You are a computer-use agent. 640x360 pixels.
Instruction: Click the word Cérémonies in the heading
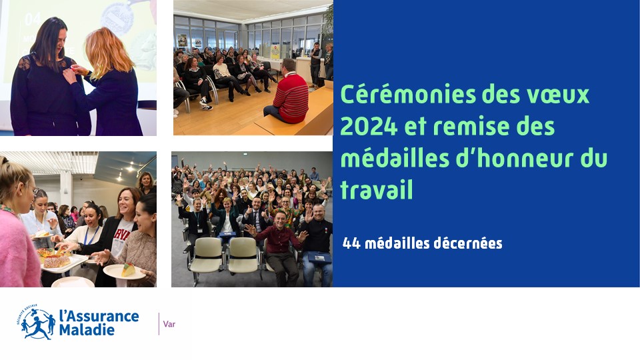pos(408,95)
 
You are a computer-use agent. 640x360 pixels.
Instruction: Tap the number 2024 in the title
pos(369,126)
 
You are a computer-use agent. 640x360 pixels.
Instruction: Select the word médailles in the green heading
pos(394,158)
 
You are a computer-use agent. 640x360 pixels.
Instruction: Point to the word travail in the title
pos(376,189)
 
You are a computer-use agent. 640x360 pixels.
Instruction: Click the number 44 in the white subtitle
pos(351,244)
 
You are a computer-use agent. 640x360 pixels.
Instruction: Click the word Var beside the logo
pos(169,324)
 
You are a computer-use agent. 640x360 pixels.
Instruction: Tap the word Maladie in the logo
pos(87,329)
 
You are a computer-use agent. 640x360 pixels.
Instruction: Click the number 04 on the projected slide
pos(33,19)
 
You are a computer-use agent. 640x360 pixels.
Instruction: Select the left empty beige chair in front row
pos(207,256)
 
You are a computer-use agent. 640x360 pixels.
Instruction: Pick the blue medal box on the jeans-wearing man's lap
pos(319,257)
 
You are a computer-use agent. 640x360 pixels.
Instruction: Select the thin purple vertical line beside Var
pos(159,324)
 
